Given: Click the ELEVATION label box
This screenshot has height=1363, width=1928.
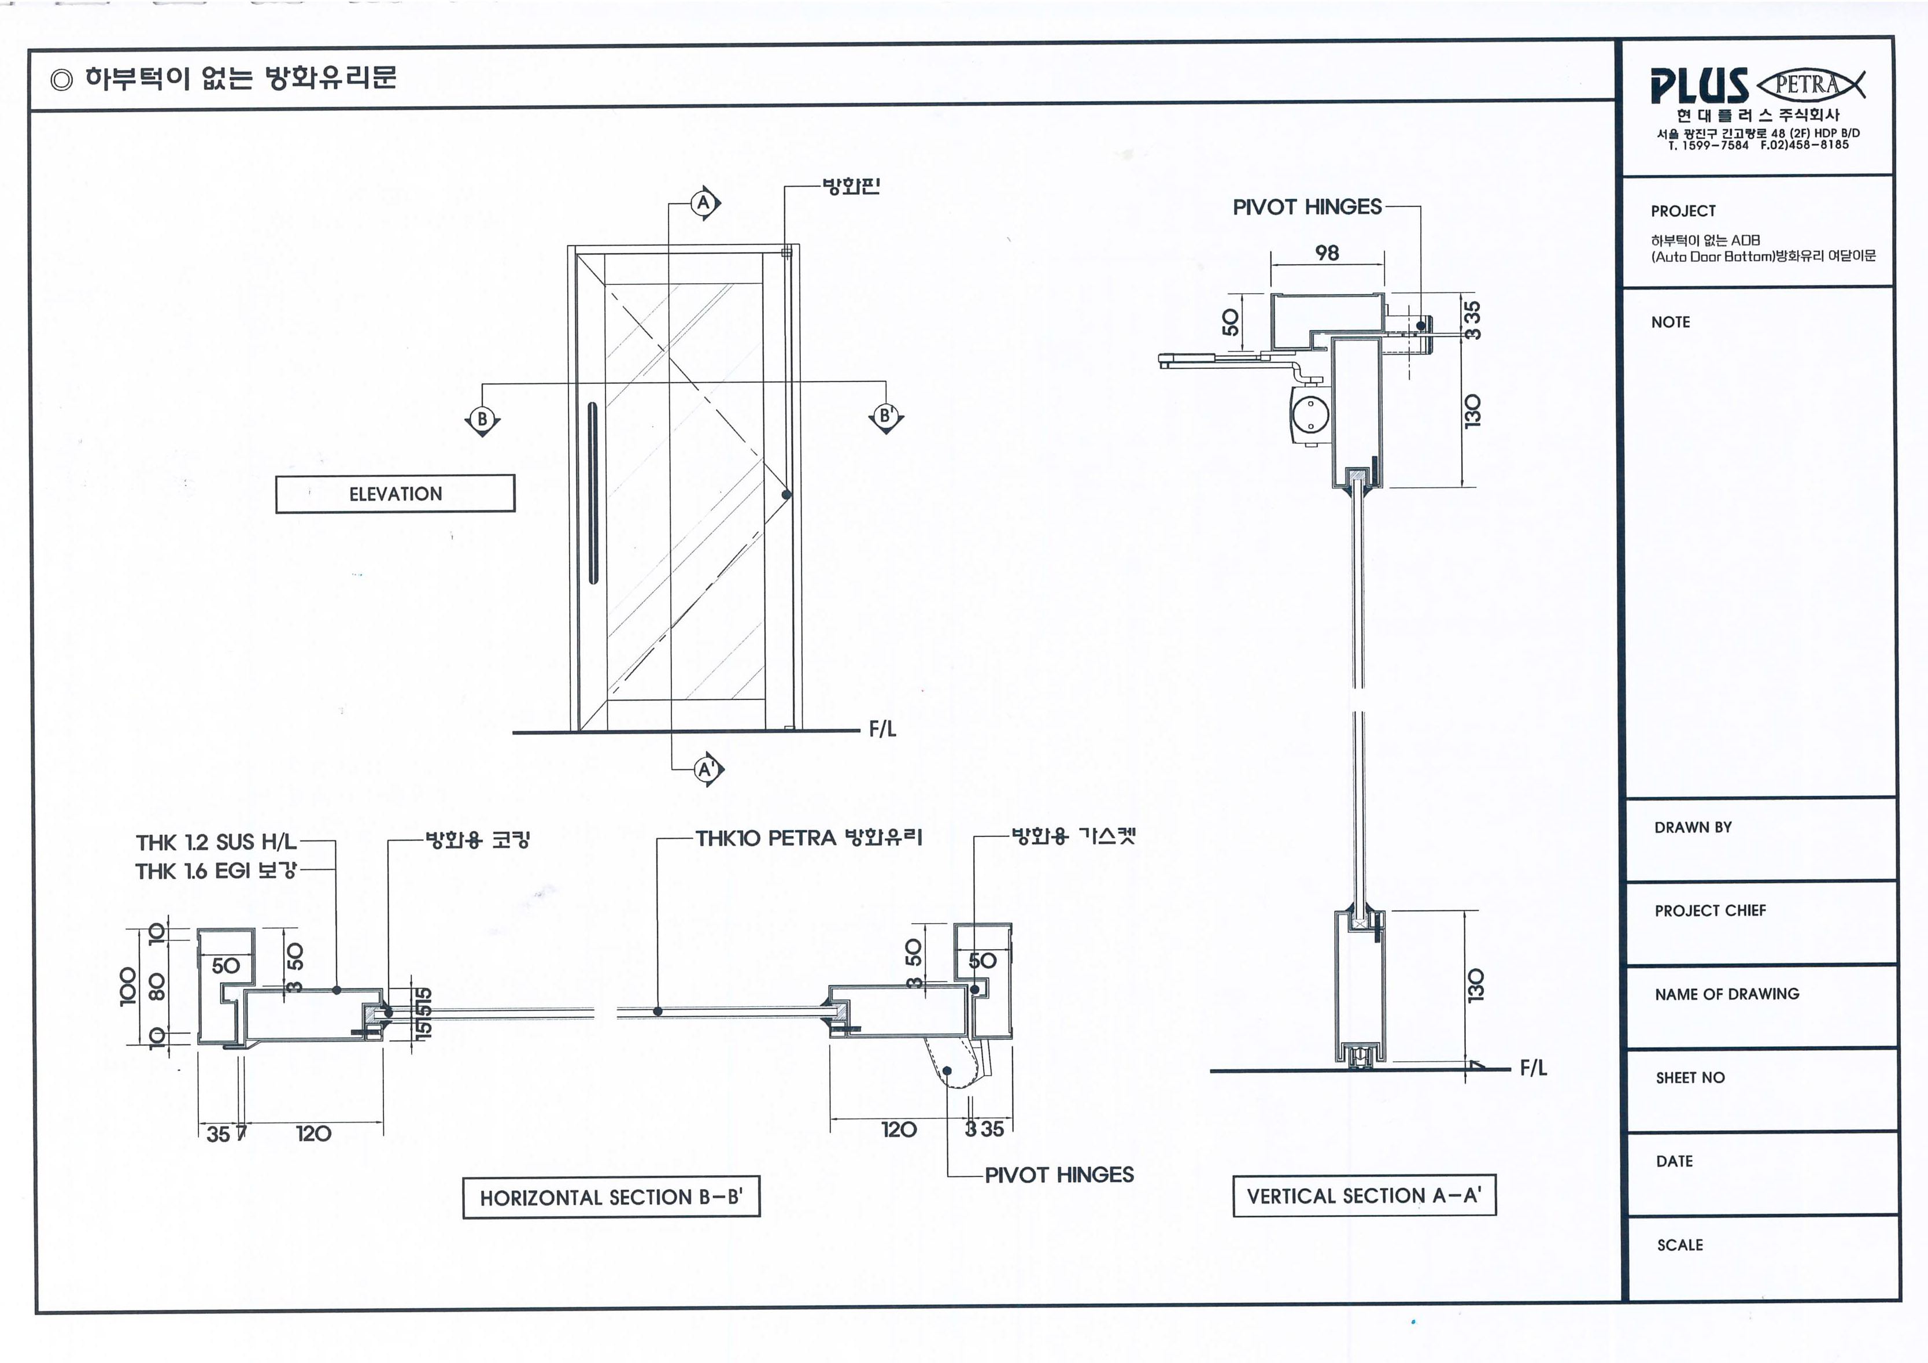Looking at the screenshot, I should (394, 494).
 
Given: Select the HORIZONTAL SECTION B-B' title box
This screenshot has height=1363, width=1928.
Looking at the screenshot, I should (611, 1197).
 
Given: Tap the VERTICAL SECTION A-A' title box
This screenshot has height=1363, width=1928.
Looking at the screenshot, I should (1364, 1196).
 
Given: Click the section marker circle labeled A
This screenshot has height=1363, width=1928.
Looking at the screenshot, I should (704, 203).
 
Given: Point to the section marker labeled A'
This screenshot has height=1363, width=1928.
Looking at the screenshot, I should (707, 769).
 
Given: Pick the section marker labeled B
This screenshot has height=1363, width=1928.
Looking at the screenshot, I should (482, 419).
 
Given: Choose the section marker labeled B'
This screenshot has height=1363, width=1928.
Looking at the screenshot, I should (885, 416).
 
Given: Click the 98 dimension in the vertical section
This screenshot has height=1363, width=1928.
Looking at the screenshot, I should (1327, 253).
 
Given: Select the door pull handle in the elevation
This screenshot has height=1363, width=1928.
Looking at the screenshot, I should (593, 492).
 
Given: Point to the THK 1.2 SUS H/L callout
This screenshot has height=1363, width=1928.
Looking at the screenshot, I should (216, 842).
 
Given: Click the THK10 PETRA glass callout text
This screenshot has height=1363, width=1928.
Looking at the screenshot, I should (808, 838).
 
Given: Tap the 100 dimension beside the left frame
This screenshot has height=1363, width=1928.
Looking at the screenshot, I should (128, 986).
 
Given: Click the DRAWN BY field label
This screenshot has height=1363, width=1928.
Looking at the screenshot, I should (1693, 828).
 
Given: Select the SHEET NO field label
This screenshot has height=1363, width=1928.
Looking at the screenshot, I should (1690, 1077).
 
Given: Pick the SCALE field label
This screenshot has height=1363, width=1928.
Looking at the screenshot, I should (1679, 1245).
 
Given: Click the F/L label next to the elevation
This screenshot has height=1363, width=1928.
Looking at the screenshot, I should (882, 728).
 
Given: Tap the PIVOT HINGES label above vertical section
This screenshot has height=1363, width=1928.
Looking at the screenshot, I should (1306, 208).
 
